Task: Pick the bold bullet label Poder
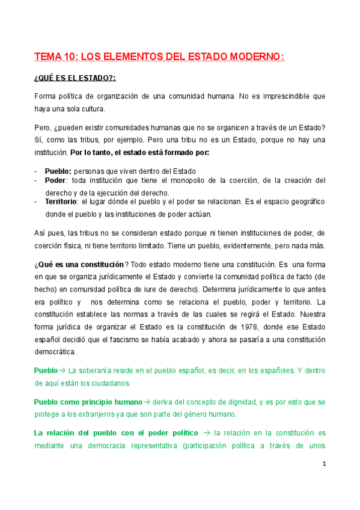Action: coord(56,180)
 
